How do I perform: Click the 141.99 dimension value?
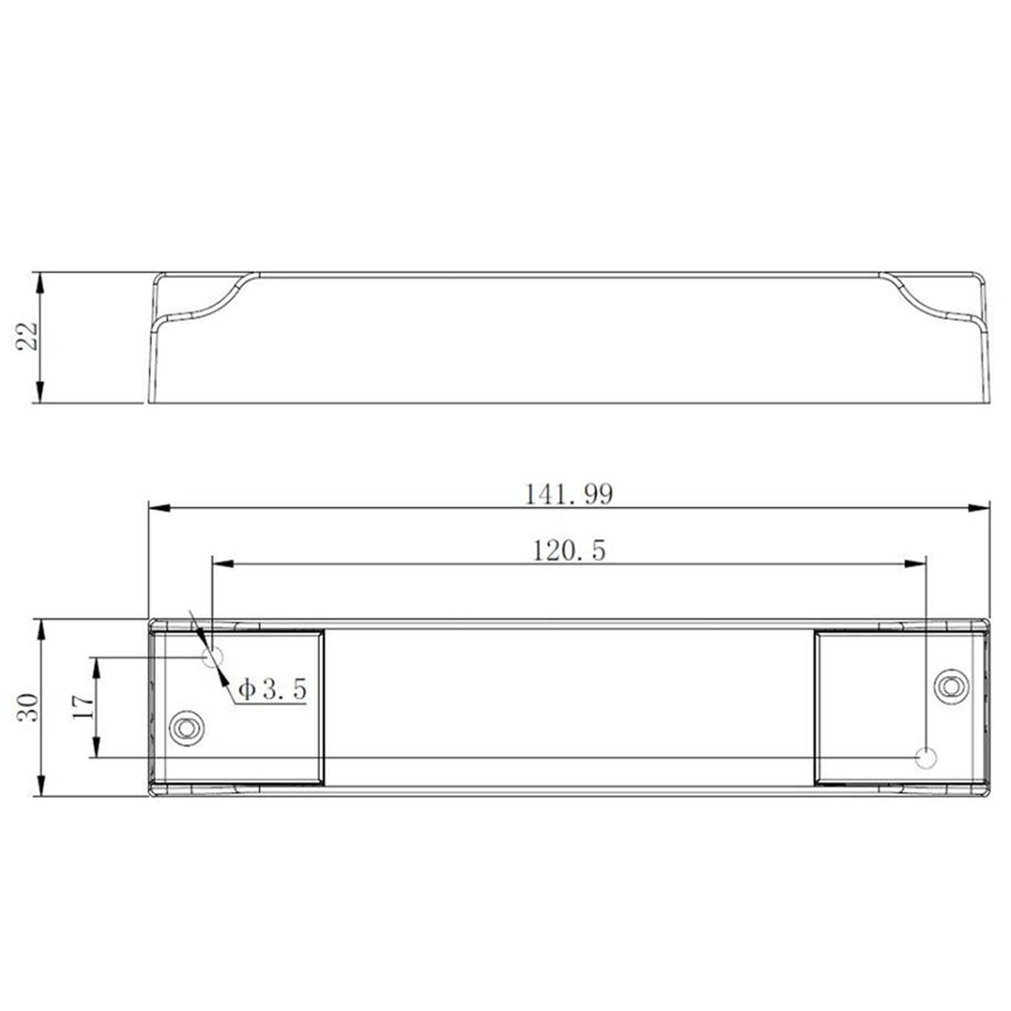569,494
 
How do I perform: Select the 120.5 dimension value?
569,551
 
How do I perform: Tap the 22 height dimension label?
26,335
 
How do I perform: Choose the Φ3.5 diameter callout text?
272,689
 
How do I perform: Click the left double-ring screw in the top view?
186,728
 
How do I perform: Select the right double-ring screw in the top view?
951,686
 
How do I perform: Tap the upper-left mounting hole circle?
213,657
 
